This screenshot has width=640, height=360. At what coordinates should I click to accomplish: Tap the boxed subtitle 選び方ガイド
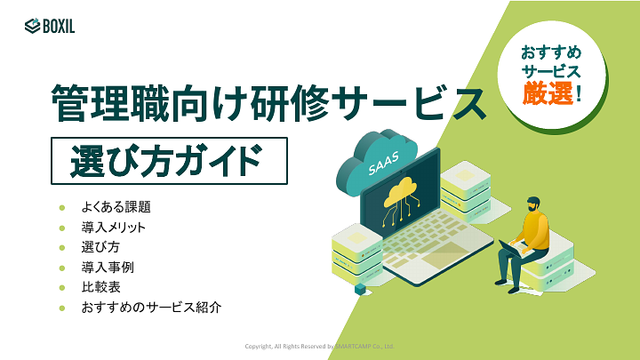coord(169,160)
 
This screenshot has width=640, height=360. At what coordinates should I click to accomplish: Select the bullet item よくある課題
coord(116,207)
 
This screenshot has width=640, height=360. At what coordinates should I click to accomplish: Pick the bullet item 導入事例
coord(108,267)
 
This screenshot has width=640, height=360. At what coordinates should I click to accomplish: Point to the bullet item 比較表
coord(100,287)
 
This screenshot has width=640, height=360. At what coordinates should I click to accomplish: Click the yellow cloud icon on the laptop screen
coord(399,191)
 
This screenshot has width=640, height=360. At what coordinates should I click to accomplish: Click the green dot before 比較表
coord(62,287)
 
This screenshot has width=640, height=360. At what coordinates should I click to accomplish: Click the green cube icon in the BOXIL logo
coord(32,26)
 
